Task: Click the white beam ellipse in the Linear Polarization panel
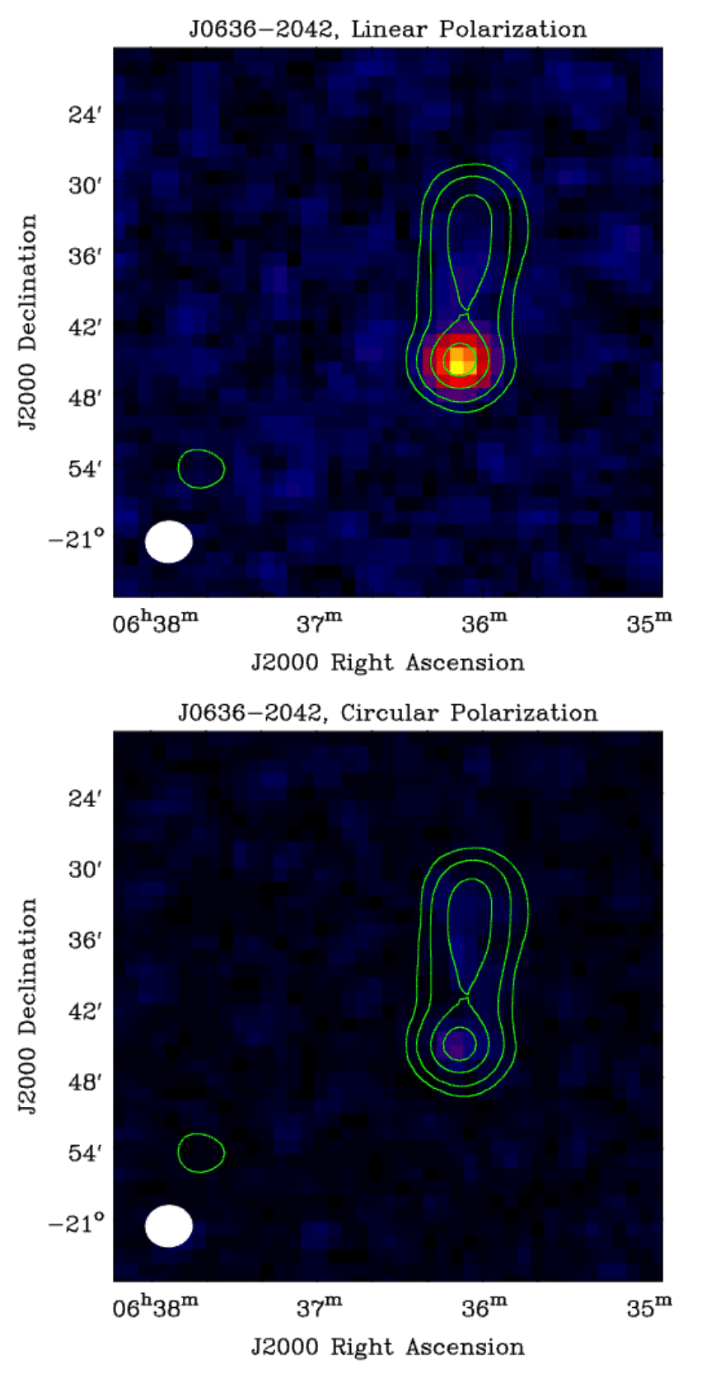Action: coord(169,541)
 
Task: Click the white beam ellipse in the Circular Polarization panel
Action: coord(169,1226)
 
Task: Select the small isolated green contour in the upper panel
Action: coord(201,468)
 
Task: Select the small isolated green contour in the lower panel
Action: coord(201,1152)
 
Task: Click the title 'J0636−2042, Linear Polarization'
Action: coord(387,30)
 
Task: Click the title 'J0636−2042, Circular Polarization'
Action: coord(387,713)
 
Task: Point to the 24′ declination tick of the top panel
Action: coord(84,114)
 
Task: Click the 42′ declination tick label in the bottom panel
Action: coord(84,1011)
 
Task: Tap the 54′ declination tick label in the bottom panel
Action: coord(84,1152)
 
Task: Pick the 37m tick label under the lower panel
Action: coord(320,1306)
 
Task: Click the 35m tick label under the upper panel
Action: coord(649,623)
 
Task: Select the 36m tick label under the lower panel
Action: coord(484,1306)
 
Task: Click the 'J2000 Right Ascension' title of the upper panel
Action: coord(387,663)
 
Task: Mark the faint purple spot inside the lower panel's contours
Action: coord(458,1044)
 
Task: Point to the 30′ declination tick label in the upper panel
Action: coord(84,185)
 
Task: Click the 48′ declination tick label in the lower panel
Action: coord(84,1081)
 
